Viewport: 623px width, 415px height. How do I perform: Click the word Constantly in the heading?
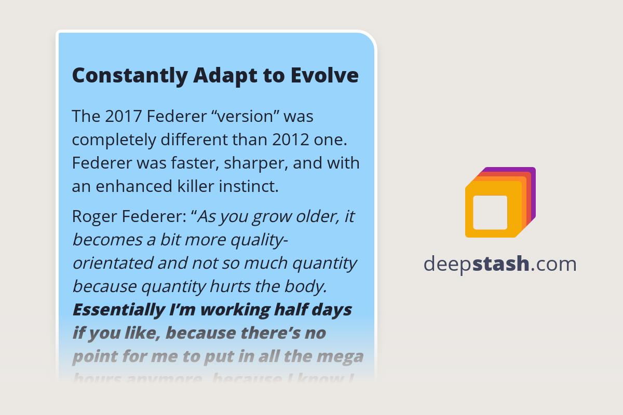(x=129, y=76)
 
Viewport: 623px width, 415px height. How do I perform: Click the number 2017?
(x=124, y=117)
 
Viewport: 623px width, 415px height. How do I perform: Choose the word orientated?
(x=112, y=263)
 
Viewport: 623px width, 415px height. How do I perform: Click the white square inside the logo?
(x=490, y=212)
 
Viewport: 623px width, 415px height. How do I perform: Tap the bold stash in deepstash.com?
(x=502, y=264)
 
